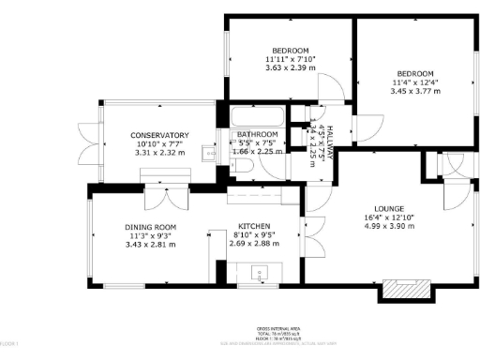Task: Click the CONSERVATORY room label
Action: click(x=159, y=135)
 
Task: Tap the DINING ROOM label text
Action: click(x=151, y=227)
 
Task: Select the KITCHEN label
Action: click(x=255, y=227)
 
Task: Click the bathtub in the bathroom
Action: click(x=255, y=118)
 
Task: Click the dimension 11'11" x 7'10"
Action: click(x=291, y=59)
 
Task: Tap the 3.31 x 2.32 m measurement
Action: click(x=159, y=152)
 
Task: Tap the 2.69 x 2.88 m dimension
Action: click(x=255, y=244)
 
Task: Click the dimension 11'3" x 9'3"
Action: click(x=151, y=235)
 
